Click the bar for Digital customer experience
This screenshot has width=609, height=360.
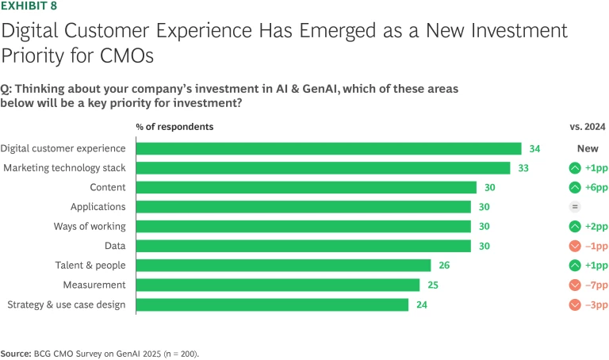[x=328, y=148]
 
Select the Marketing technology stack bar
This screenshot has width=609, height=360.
[x=323, y=168]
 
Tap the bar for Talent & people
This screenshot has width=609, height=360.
[x=283, y=266]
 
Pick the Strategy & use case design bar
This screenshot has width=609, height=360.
[x=272, y=304]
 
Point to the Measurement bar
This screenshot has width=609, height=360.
[x=278, y=285]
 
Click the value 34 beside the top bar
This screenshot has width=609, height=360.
[x=534, y=148]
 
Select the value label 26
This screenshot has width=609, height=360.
[x=444, y=266]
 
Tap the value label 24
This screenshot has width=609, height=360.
[x=422, y=304]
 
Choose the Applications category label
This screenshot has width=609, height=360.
[x=98, y=207]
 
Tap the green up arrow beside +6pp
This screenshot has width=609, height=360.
[x=575, y=187]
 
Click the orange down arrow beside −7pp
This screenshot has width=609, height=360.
[x=575, y=285]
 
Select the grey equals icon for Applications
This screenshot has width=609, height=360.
[x=575, y=207]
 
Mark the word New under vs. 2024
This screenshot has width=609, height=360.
[x=587, y=148]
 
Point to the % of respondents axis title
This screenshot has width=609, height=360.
[x=174, y=126]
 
